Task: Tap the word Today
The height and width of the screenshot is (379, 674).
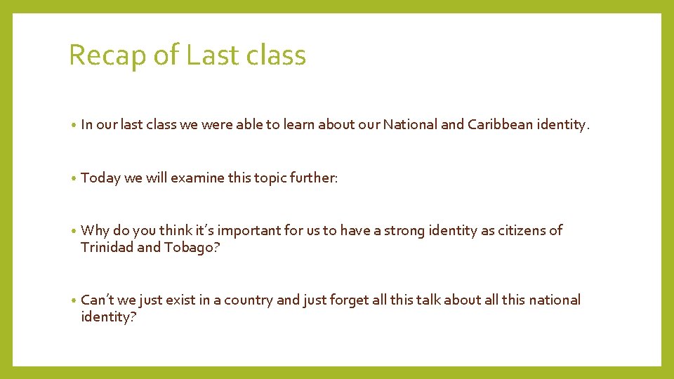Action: coord(100,178)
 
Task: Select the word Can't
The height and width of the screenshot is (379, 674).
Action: coord(97,300)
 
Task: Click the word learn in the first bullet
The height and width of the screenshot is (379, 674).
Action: coord(298,125)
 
